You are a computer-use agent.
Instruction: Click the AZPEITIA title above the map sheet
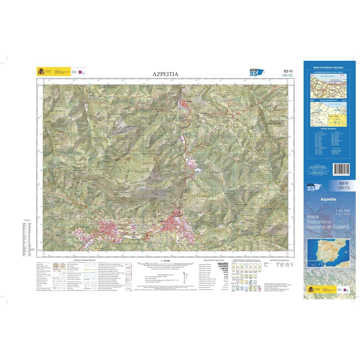click(165, 74)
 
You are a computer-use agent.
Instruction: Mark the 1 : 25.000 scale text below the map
click(165, 260)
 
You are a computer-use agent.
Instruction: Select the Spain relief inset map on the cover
click(328, 254)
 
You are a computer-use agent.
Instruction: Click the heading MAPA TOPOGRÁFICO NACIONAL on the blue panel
click(328, 68)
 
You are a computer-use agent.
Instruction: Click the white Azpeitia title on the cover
click(328, 199)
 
